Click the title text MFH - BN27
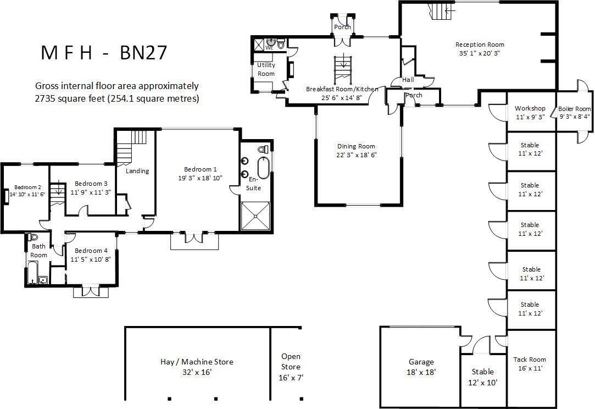click(x=104, y=53)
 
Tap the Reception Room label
click(x=480, y=45)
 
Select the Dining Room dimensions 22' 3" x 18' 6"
click(x=357, y=155)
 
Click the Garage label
click(x=421, y=362)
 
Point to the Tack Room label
click(x=530, y=360)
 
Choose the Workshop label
click(x=530, y=108)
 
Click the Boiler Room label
click(x=575, y=109)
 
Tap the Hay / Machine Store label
click(x=197, y=362)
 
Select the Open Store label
click(x=291, y=362)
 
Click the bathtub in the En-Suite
click(x=263, y=168)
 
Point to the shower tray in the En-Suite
click(x=256, y=216)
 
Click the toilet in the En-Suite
click(x=264, y=149)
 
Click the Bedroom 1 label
click(x=201, y=169)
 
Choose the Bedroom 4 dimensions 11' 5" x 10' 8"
click(x=91, y=259)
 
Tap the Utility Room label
click(x=266, y=69)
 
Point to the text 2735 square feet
click(x=69, y=99)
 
